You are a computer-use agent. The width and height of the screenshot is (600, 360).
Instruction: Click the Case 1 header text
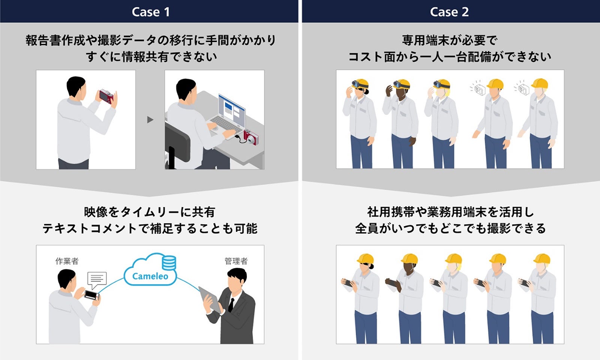click(x=150, y=12)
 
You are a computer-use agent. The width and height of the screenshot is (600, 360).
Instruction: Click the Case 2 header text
click(x=449, y=12)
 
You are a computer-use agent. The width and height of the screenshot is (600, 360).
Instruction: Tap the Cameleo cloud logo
click(x=150, y=276)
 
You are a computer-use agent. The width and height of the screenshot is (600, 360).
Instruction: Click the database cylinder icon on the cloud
click(x=169, y=262)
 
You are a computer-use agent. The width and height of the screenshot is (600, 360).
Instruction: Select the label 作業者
click(x=67, y=261)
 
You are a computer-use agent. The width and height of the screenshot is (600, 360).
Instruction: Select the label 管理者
click(x=236, y=261)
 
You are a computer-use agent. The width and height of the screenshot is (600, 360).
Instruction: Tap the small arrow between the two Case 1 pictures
click(x=150, y=120)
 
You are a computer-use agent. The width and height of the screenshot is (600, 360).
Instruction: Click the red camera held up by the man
click(x=106, y=96)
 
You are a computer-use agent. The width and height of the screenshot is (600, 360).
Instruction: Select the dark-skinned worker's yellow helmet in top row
click(x=402, y=83)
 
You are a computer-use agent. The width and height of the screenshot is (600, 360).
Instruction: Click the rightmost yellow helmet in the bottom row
click(x=542, y=259)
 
